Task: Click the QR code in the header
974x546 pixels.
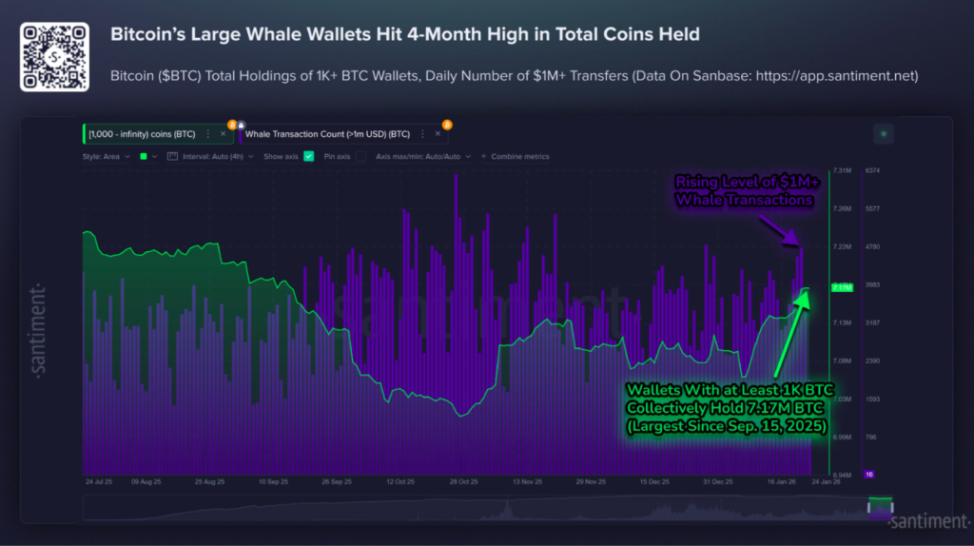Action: coord(54,57)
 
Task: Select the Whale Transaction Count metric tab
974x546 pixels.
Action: coord(327,134)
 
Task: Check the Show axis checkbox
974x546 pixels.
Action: coord(308,156)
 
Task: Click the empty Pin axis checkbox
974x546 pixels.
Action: coord(361,156)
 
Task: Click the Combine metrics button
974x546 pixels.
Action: coord(519,156)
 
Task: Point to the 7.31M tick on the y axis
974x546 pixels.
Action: coord(842,170)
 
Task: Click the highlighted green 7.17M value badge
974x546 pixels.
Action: coord(842,286)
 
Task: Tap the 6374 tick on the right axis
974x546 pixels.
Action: coord(872,170)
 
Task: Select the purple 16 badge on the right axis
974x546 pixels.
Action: coord(868,474)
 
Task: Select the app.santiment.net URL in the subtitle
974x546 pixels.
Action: coord(837,75)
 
